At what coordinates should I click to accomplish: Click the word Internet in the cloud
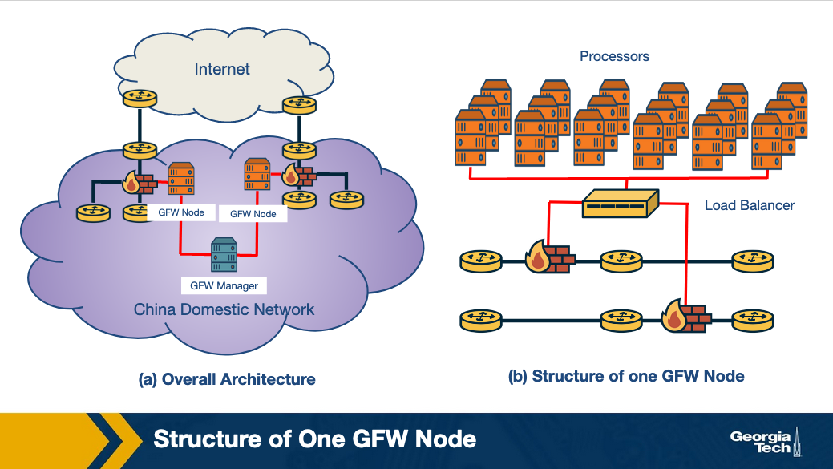click(x=222, y=69)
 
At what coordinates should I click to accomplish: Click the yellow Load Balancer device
click(x=620, y=204)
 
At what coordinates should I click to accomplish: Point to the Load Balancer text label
click(x=749, y=205)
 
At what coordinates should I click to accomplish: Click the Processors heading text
click(x=614, y=56)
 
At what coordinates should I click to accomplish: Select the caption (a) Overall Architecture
click(x=227, y=379)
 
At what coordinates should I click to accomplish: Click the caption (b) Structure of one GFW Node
click(x=626, y=376)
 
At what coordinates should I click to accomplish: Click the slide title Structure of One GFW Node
click(x=314, y=439)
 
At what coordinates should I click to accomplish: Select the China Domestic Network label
click(x=224, y=309)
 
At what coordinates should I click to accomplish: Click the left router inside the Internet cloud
click(x=140, y=99)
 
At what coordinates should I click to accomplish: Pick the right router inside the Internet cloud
click(x=299, y=105)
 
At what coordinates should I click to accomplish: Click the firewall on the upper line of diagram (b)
click(x=550, y=258)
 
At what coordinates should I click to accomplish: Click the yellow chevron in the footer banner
click(x=112, y=440)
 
